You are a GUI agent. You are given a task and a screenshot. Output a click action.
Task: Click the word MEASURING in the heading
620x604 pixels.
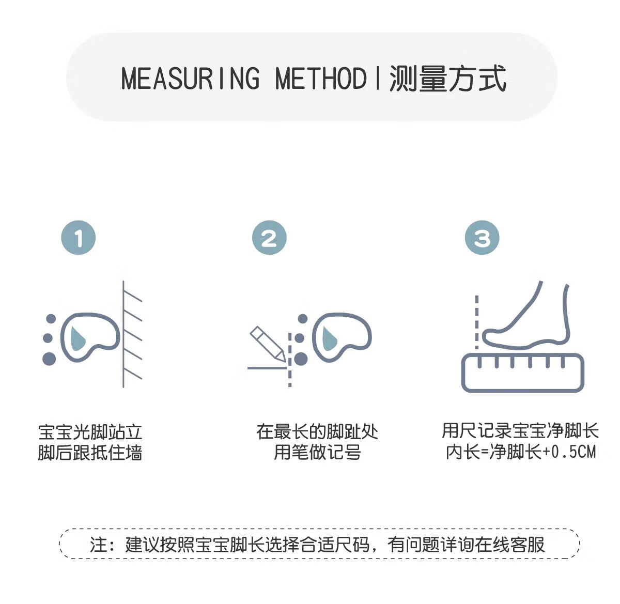pos(190,79)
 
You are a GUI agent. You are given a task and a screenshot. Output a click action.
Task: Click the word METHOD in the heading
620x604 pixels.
pos(320,79)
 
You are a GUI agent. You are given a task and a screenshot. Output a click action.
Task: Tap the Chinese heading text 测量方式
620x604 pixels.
pos(447,79)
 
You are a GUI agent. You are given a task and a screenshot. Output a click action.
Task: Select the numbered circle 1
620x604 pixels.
pos(79,238)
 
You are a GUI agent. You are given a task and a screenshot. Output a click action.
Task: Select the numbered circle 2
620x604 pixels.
pos(269,238)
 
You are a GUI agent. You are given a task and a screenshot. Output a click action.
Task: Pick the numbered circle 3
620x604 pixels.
pos(482,238)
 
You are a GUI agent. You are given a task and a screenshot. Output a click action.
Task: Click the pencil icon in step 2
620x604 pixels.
pos(267,343)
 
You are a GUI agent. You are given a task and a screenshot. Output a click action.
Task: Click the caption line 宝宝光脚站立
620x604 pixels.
pos(90,432)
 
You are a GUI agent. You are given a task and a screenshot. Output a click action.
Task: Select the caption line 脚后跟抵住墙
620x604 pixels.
pos(90,453)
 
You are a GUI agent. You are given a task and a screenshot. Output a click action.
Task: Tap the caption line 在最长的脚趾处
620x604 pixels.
pos(317,432)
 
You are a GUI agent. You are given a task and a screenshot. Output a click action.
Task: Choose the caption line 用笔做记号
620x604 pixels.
pos(317,453)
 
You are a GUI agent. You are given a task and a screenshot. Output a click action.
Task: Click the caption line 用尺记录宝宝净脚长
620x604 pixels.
pos(520,431)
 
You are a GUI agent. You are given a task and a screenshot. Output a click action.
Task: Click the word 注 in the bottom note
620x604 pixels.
pos(99,545)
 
